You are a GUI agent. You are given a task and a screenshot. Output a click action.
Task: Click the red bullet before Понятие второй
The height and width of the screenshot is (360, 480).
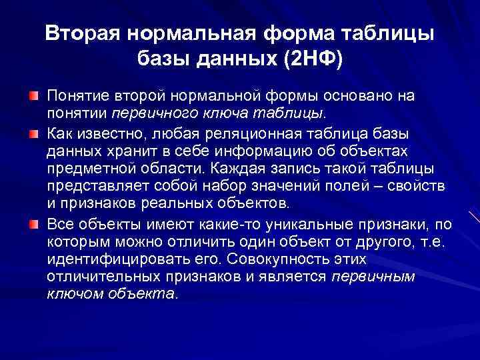pyautogui.click(x=33, y=96)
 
